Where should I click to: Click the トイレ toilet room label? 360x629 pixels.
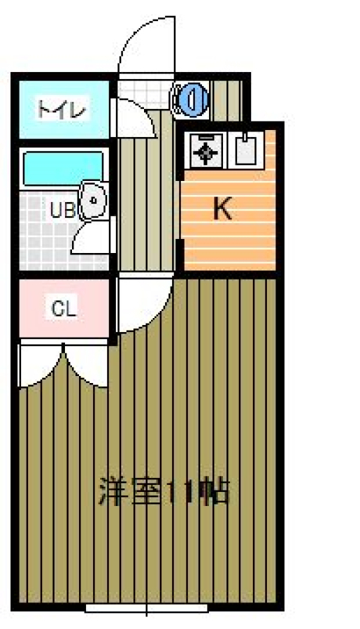point(62,109)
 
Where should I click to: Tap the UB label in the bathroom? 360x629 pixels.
point(63,210)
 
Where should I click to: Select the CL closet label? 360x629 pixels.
point(64,309)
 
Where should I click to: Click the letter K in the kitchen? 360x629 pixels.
point(222,208)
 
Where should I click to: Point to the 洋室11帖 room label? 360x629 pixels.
point(164,491)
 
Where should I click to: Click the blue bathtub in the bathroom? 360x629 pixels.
point(63,168)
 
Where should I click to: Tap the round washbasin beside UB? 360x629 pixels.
point(93,199)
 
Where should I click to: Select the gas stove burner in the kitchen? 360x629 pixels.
point(206,152)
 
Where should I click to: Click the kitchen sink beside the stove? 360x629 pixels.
point(245,150)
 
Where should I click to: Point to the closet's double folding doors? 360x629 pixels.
point(64,365)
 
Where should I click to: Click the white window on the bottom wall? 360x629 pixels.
point(147,608)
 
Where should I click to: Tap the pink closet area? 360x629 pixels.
point(64,308)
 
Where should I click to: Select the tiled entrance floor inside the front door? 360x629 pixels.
point(144,94)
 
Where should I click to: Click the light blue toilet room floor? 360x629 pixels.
point(64,109)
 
